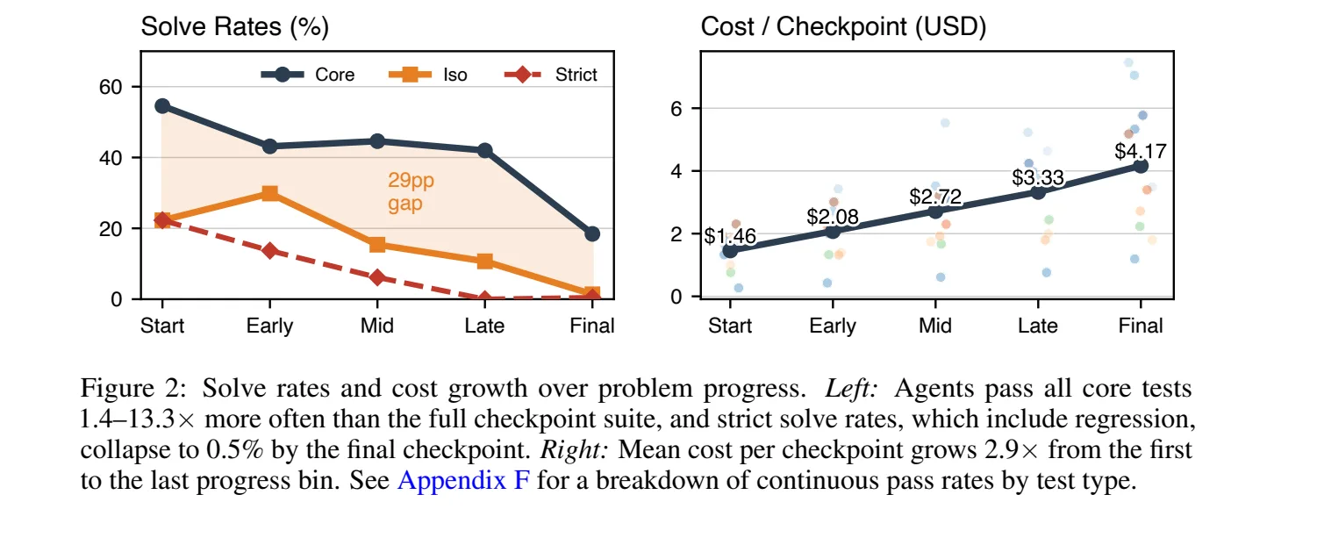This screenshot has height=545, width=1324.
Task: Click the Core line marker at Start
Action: [x=162, y=106]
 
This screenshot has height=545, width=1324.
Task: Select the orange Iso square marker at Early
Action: [x=270, y=193]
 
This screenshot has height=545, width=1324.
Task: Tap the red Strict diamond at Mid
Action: [x=377, y=277]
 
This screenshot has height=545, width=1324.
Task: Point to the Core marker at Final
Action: [x=592, y=234]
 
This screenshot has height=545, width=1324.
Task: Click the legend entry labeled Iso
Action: [x=428, y=75]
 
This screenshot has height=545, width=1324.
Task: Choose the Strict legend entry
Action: [x=551, y=75]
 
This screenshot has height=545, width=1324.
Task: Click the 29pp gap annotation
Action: [x=411, y=191]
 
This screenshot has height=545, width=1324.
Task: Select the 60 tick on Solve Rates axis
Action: [x=111, y=87]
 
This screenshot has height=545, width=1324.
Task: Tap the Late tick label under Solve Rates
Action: [x=484, y=326]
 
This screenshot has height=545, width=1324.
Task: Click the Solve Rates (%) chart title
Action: [x=234, y=26]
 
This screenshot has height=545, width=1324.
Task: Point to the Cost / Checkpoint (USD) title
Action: [x=843, y=26]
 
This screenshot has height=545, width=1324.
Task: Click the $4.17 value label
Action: [x=1141, y=151]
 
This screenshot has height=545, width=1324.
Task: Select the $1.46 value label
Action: [x=730, y=236]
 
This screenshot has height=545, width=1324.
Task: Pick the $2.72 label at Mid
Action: [x=935, y=197]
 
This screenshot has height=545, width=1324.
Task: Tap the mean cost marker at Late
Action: [x=1038, y=192]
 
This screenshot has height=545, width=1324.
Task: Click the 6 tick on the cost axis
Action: [x=676, y=109]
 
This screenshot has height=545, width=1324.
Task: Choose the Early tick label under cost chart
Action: [x=833, y=326]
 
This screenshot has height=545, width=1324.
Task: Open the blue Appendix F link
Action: [x=463, y=480]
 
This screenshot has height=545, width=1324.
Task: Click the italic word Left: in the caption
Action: [x=851, y=389]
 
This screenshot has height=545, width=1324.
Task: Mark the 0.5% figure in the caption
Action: [x=234, y=450]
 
